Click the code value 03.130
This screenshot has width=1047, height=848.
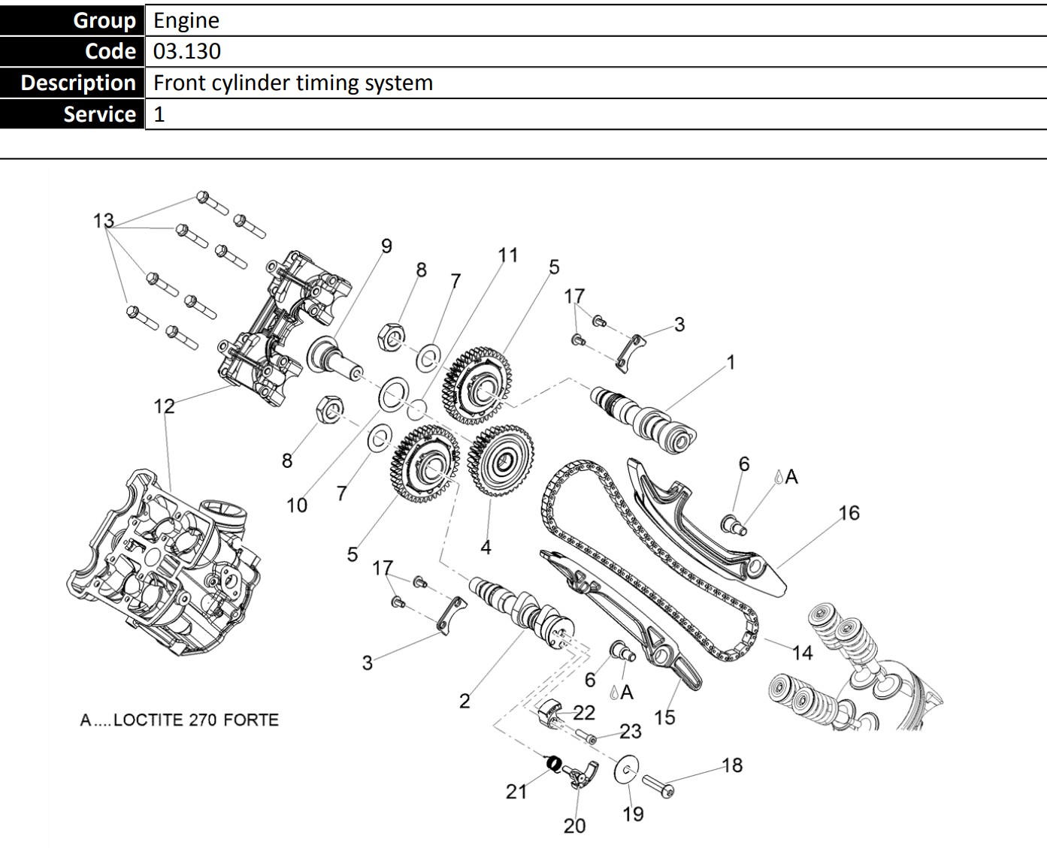pyautogui.click(x=187, y=51)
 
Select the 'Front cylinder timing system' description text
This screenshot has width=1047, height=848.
pyautogui.click(x=293, y=83)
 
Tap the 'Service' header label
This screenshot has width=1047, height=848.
pyautogui.click(x=99, y=114)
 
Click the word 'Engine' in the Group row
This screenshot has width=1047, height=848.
pyautogui.click(x=186, y=20)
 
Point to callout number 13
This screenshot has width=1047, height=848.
pyautogui.click(x=104, y=221)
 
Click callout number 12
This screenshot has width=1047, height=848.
pyautogui.click(x=164, y=406)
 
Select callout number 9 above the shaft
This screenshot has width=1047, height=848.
pyautogui.click(x=386, y=246)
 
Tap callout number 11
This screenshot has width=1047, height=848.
pyautogui.click(x=508, y=255)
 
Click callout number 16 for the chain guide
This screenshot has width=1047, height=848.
pyautogui.click(x=849, y=513)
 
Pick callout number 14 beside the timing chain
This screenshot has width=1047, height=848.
pyautogui.click(x=802, y=653)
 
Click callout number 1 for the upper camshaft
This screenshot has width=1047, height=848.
pyautogui.click(x=730, y=363)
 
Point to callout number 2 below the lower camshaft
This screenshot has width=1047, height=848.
pyautogui.click(x=464, y=701)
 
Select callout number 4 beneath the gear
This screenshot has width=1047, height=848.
pyautogui.click(x=486, y=548)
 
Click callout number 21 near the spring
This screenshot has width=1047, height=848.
pyautogui.click(x=516, y=791)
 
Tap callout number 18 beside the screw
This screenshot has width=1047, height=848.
pyautogui.click(x=732, y=765)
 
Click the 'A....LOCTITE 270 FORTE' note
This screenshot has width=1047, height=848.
pyautogui.click(x=180, y=720)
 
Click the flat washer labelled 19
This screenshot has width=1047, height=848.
pyautogui.click(x=625, y=771)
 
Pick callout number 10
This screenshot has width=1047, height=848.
pyautogui.click(x=297, y=505)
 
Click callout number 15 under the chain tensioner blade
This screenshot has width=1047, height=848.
pyautogui.click(x=664, y=717)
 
